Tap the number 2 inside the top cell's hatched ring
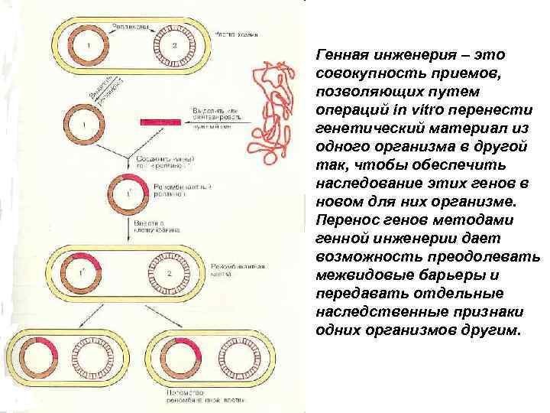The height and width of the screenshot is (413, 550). (175, 47)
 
